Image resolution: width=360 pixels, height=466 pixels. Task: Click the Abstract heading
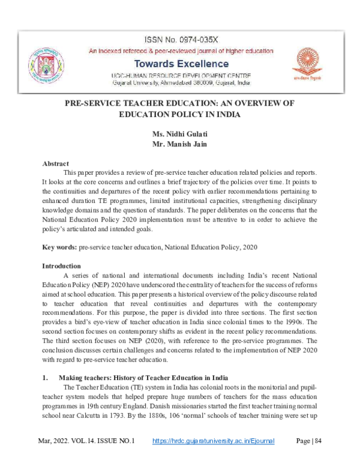point(56,163)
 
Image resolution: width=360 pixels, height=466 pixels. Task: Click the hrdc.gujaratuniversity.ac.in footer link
point(214,441)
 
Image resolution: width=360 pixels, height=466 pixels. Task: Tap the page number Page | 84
point(310,441)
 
